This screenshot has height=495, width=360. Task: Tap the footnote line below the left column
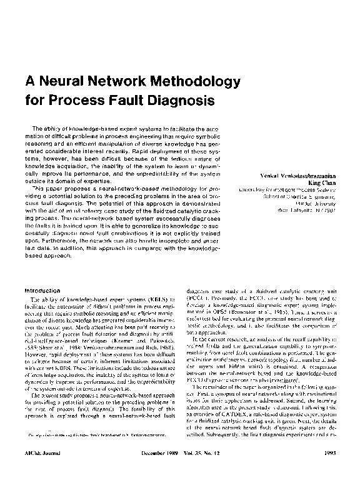pos(94,451)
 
